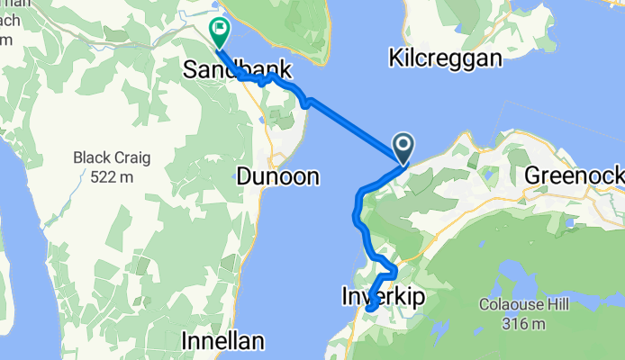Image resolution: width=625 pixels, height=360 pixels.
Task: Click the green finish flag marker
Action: [219, 31]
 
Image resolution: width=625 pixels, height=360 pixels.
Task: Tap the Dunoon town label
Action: [278, 177]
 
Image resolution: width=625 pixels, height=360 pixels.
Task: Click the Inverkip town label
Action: [383, 295]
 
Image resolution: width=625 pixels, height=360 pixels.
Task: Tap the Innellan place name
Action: [222, 341]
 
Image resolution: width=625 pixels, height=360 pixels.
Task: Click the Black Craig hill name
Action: [113, 158]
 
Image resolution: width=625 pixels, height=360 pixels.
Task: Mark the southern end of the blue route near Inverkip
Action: [369, 310]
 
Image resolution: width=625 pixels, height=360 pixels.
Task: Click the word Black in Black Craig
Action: [95, 158]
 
